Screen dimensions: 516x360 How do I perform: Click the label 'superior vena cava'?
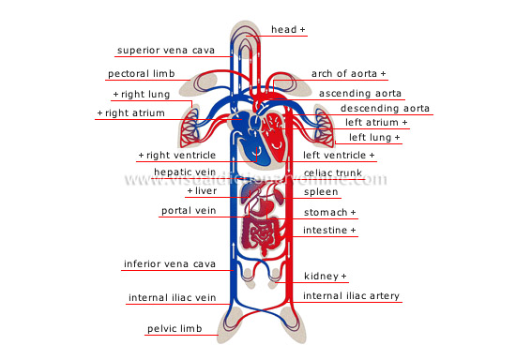(x=166, y=50)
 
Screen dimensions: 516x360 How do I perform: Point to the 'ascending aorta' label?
(x=361, y=94)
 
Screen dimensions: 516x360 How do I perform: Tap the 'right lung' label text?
(x=143, y=95)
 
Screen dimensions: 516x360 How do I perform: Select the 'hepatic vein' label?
(x=185, y=172)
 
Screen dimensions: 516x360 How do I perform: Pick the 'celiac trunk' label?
(x=334, y=172)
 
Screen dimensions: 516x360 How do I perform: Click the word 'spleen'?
(x=322, y=191)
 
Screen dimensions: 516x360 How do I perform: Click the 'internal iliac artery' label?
(x=352, y=296)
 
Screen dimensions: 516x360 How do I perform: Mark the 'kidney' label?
(x=325, y=277)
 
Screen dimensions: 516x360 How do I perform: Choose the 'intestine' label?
(x=329, y=230)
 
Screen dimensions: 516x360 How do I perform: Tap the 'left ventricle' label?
(x=338, y=155)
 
